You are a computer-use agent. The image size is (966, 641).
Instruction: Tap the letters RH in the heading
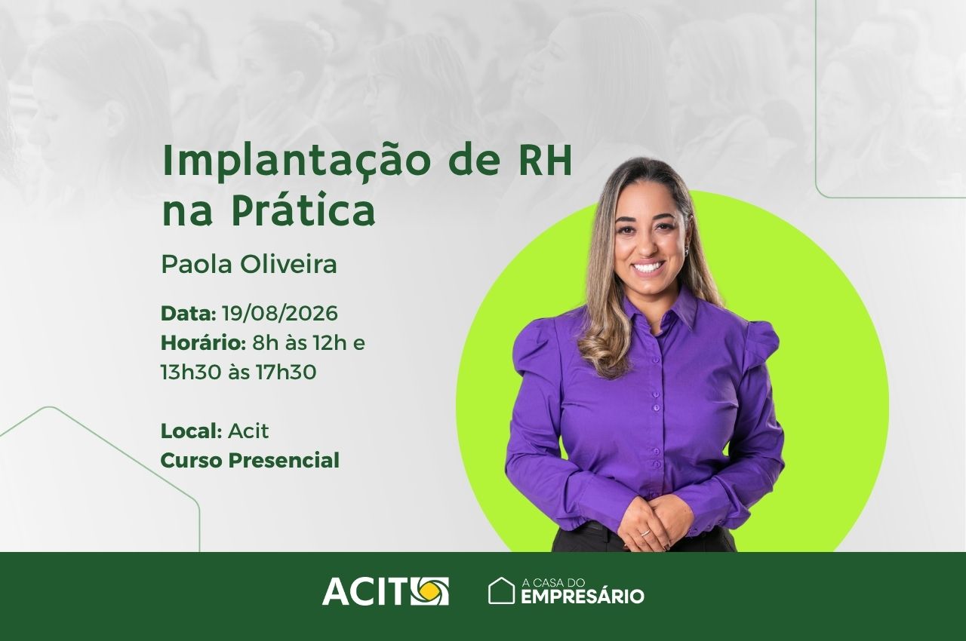click(x=545, y=159)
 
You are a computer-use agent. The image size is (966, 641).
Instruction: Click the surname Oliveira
click(x=288, y=264)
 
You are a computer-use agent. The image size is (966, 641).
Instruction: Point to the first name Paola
click(x=197, y=264)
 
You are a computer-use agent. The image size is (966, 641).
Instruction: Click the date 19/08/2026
click(x=279, y=313)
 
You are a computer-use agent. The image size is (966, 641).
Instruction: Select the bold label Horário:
click(x=203, y=343)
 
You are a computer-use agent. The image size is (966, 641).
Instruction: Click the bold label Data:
click(x=188, y=313)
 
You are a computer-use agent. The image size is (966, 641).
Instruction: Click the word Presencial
click(x=284, y=460)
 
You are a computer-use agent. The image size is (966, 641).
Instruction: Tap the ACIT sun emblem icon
click(x=429, y=591)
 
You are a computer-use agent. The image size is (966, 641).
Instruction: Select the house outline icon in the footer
click(x=501, y=590)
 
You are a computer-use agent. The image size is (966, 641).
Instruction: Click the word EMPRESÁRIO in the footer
click(x=583, y=597)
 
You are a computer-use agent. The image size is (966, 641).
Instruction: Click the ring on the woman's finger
click(x=645, y=532)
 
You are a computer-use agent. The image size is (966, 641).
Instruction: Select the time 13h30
click(x=191, y=372)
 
